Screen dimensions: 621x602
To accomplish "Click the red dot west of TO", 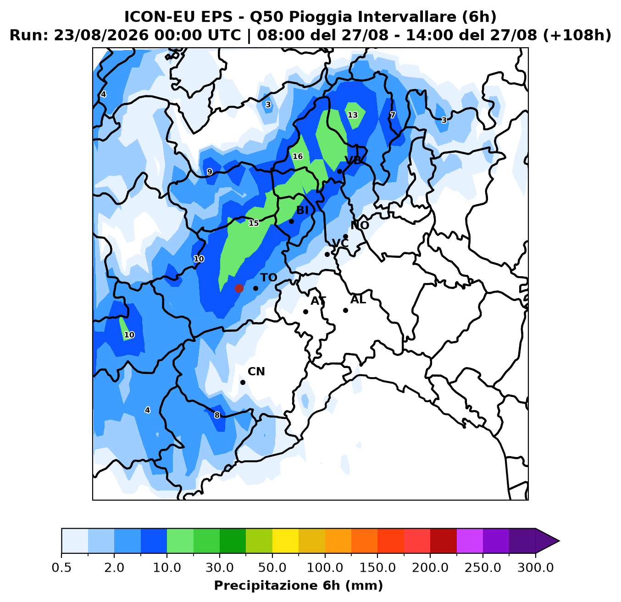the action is coord(239,288).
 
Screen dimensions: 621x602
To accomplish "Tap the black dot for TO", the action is coord(255,288).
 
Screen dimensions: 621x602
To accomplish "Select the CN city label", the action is coord(256,372).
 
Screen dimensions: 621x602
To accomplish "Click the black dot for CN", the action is coord(243,382).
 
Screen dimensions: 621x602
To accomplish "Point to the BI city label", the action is coord(302,210).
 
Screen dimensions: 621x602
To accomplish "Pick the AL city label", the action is coord(358,300).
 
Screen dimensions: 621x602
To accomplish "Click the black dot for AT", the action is coord(305,312).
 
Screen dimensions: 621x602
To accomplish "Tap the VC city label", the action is coord(340,243).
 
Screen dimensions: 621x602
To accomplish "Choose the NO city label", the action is coord(360,225).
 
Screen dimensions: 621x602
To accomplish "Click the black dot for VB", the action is coord(339,172).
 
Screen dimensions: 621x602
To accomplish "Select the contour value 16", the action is coord(298,156).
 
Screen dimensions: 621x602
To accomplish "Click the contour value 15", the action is coord(254,223).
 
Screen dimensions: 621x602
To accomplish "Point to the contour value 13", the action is coord(353,115).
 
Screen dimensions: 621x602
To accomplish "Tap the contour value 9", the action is coord(209,172).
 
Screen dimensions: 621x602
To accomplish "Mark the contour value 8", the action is coord(217,415).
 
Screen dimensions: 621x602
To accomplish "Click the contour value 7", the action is coord(393,115).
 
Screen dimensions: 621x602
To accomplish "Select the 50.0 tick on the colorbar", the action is coord(272,568).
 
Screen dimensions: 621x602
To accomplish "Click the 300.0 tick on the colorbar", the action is coord(535,568).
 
